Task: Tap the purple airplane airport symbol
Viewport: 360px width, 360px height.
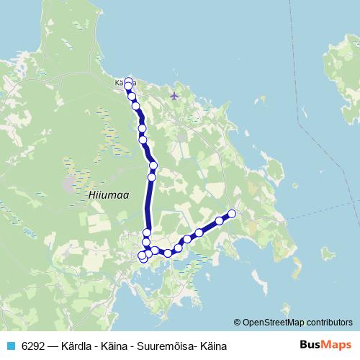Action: point(174,95)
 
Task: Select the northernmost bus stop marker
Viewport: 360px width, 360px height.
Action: point(129,81)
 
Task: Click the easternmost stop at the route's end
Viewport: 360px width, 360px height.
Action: point(232,213)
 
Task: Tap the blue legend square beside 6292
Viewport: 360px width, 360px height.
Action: point(11,346)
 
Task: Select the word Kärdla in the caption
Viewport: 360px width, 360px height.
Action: point(78,346)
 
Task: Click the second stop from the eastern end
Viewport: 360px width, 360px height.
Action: point(219,221)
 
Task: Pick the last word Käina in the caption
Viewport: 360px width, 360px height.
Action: point(213,346)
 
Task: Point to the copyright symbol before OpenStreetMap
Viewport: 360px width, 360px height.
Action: point(237,322)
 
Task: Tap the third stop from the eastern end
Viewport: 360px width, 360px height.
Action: point(199,233)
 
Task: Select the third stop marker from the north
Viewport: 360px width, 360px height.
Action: point(132,96)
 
